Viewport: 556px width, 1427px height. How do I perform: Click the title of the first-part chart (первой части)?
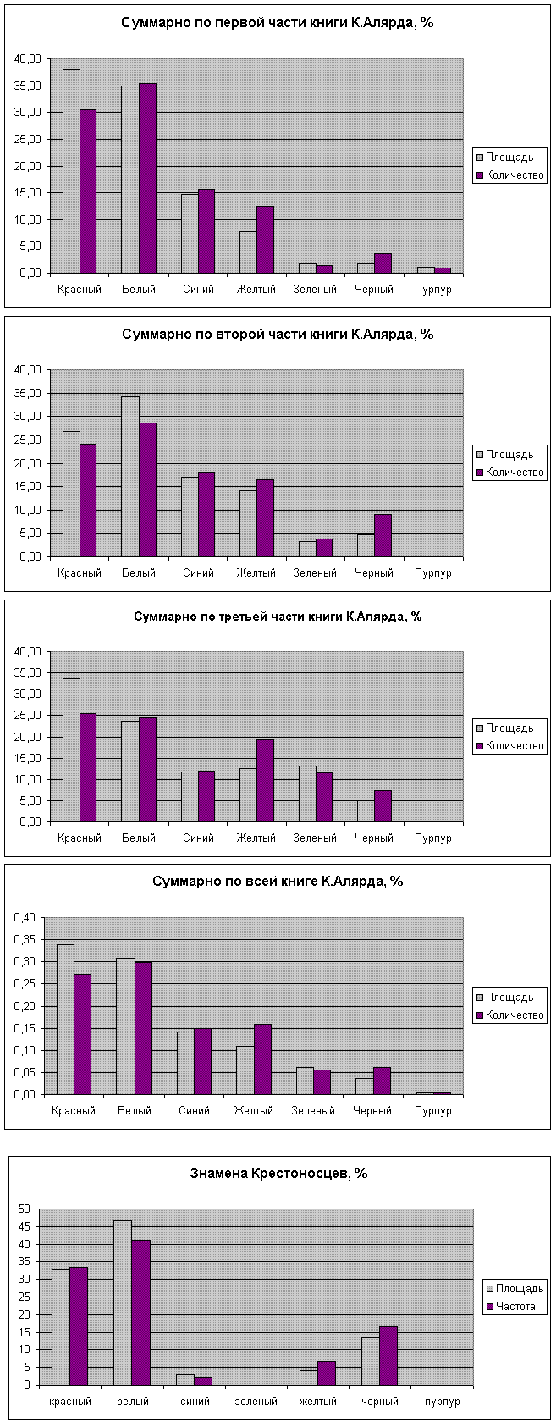pos(278,23)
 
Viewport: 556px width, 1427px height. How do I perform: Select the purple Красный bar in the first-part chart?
pos(88,191)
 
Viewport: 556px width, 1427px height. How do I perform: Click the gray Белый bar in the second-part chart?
pos(130,476)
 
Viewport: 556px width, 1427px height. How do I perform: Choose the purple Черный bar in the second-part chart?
pos(383,535)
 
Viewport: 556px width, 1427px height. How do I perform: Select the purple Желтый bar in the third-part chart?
pos(265,780)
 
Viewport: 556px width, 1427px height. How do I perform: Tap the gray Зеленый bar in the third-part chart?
pos(307,794)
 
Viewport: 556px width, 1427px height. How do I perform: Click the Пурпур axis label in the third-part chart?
pos(433,838)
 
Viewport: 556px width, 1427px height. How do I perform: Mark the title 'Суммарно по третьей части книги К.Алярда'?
pos(278,617)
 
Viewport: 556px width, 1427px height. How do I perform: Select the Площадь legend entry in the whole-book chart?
pos(509,998)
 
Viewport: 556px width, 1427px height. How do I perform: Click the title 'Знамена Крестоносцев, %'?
pos(278,1174)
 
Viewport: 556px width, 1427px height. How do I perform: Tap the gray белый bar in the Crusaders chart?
pos(123,1303)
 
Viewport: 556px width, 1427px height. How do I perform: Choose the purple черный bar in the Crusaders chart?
pos(388,1356)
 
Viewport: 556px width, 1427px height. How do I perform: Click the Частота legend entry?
pos(516,1307)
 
